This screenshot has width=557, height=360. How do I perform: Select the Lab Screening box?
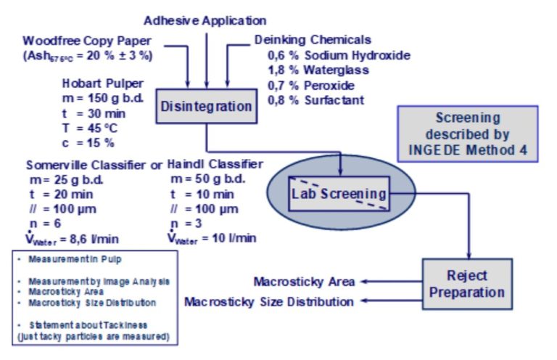coord(337,193)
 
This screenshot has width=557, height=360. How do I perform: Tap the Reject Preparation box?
coord(467,284)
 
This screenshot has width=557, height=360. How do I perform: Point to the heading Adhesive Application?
coord(205,20)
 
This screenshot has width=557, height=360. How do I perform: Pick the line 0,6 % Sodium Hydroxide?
coord(339,55)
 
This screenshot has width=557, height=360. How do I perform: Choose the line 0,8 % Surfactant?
coord(315,99)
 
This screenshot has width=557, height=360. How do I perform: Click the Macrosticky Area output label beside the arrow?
coord(305,282)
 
